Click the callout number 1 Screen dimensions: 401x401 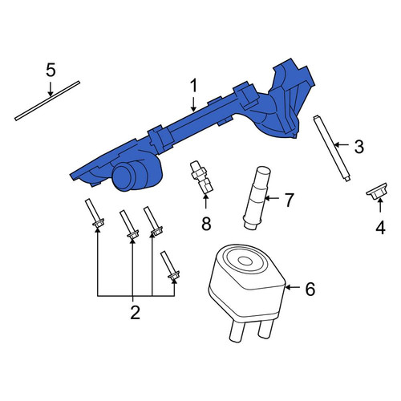point(193,85)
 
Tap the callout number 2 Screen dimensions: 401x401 point(136,312)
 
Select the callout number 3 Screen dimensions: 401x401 point(359,147)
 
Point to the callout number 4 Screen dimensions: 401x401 point(380,228)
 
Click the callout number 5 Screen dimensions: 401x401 point(51,70)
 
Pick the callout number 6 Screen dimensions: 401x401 point(310,289)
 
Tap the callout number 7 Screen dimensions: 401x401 point(289,200)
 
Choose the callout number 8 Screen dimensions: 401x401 point(206,224)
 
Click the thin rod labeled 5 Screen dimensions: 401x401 point(47,101)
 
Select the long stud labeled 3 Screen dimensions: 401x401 point(331,148)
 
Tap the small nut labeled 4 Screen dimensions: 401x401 point(376,192)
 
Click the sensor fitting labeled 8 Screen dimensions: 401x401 point(201,176)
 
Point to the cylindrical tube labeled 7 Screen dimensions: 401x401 point(257,198)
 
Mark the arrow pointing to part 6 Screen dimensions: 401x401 point(294,287)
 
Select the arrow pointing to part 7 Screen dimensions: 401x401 point(272,198)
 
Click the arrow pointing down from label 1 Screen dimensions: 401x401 point(193,103)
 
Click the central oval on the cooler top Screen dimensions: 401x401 point(245,261)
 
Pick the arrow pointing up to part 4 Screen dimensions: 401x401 point(380,205)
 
